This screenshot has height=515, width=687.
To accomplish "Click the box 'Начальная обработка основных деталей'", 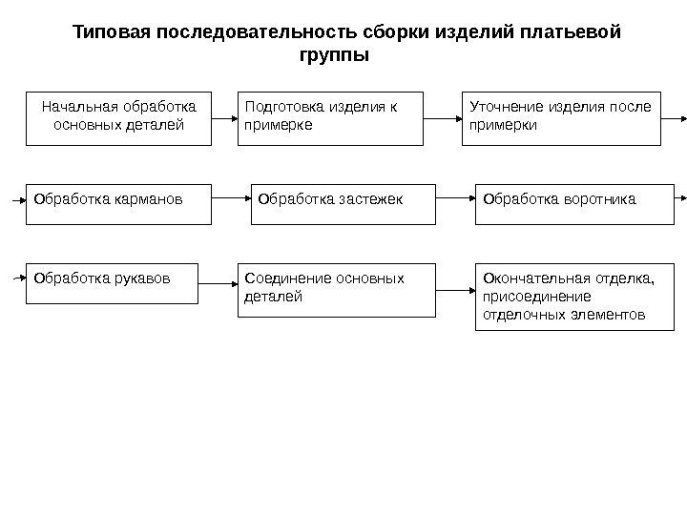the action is [118, 117].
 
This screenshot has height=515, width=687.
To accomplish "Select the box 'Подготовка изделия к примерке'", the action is [330, 117].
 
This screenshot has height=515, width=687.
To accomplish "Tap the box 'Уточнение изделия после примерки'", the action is [561, 117].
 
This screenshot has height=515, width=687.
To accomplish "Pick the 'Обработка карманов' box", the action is [118, 202].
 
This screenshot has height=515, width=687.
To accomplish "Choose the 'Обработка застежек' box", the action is [343, 202].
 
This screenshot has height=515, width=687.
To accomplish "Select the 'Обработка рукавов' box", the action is [113, 282].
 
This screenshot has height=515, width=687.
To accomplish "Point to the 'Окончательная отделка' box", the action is [570, 297].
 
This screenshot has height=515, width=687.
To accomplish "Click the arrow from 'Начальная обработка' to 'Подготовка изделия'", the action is [224, 118].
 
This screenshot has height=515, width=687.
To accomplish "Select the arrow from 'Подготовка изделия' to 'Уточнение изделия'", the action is [443, 118].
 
